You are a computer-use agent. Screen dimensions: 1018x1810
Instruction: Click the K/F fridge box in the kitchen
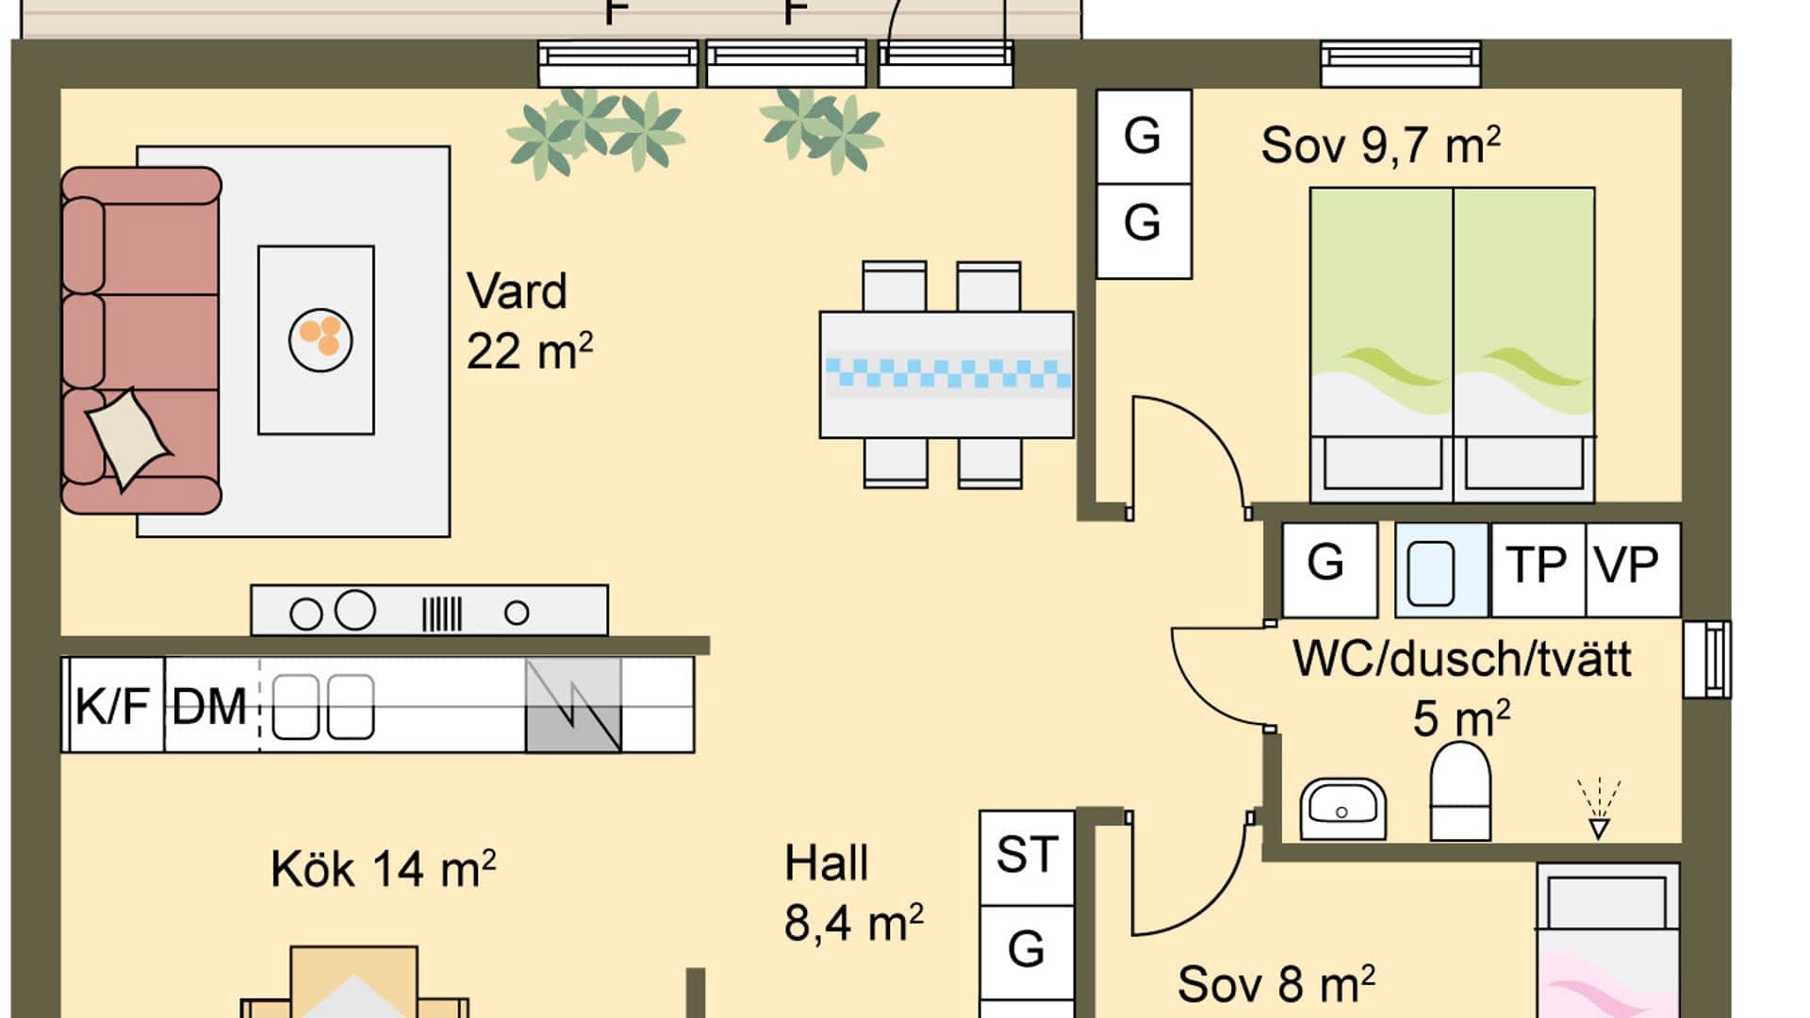coord(113,705)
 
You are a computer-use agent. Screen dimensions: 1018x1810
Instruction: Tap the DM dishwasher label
coord(209,705)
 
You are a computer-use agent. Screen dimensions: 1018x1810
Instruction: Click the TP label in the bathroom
coord(1537,566)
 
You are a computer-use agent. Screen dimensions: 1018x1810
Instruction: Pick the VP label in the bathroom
coord(1628,566)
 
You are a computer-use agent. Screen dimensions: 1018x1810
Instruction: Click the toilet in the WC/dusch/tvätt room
coord(1460,793)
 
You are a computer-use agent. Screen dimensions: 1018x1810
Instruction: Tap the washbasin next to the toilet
coord(1342,809)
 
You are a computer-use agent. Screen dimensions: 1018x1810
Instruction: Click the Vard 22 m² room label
coord(528,321)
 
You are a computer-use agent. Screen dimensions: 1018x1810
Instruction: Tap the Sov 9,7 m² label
coord(1379,146)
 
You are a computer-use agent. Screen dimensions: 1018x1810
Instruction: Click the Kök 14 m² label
coord(383,869)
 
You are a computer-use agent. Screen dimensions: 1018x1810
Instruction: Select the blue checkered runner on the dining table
coord(947,373)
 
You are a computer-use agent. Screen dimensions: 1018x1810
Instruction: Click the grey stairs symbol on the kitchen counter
coord(573,705)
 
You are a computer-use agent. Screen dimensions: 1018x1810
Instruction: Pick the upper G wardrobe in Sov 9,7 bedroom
coord(1144,136)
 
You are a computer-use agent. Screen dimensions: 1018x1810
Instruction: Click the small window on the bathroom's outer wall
coord(1706,659)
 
